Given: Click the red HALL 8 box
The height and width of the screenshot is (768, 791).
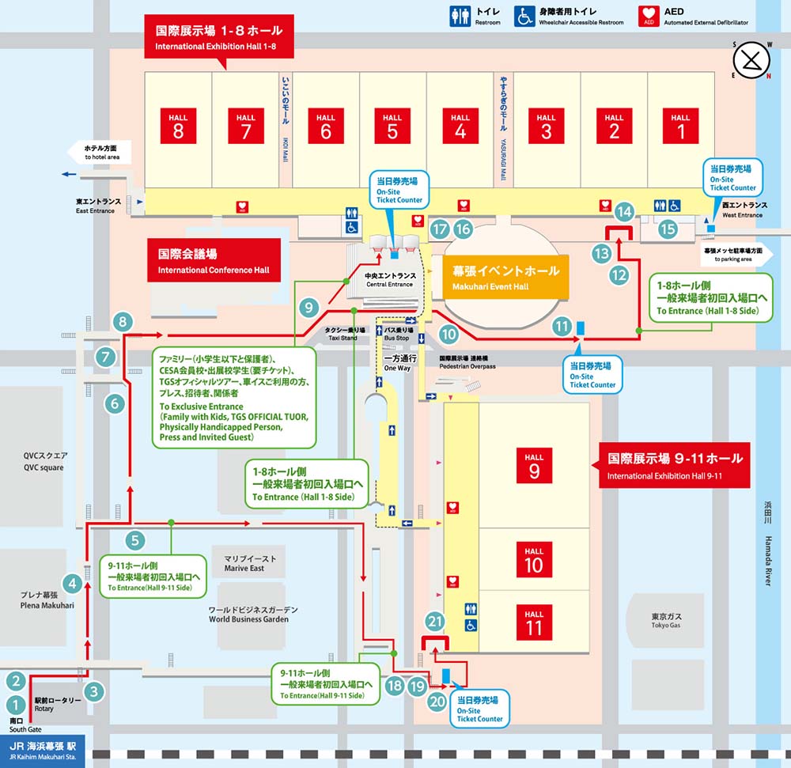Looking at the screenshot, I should (178, 125).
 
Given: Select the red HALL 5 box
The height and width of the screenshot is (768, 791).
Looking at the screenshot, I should (392, 125).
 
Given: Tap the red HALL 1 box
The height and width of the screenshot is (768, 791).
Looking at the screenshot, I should (680, 125).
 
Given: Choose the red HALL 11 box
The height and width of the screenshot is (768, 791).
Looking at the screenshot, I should (534, 621).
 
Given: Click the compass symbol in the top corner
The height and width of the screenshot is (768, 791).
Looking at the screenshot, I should (752, 59).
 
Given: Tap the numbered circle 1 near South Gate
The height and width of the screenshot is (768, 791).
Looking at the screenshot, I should (16, 704).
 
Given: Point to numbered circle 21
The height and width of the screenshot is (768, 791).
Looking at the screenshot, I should (434, 621).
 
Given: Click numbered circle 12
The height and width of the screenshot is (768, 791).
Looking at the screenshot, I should (619, 274).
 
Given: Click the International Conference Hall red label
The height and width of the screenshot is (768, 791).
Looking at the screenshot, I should (214, 261).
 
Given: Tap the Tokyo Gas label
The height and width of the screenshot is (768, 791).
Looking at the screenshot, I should (667, 621).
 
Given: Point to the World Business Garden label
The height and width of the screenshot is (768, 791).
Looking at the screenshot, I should (254, 615).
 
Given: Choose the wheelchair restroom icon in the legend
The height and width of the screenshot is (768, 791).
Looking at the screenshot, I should (524, 17).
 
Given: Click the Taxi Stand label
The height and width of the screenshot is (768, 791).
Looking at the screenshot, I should (345, 334).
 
